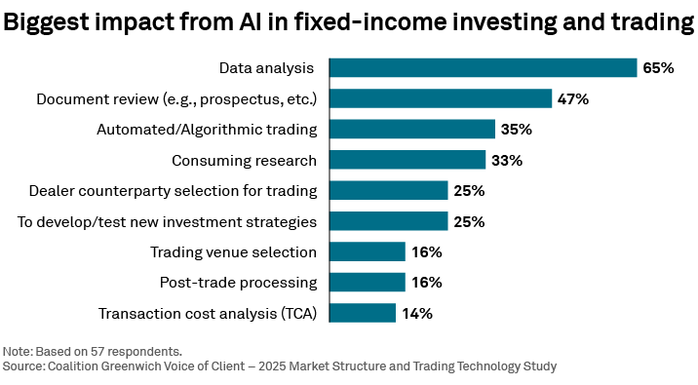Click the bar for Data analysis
click(x=483, y=67)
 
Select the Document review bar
click(x=441, y=98)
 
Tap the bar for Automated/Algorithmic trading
click(x=411, y=130)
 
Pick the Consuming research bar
click(x=407, y=160)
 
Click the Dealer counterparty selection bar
click(x=388, y=191)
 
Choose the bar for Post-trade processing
click(x=367, y=283)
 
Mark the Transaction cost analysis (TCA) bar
click(x=362, y=313)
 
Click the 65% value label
click(x=658, y=68)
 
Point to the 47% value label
click(x=573, y=98)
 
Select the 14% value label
click(x=416, y=314)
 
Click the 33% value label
click(x=506, y=161)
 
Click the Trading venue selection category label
click(x=233, y=252)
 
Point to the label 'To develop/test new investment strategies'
click(x=167, y=221)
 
